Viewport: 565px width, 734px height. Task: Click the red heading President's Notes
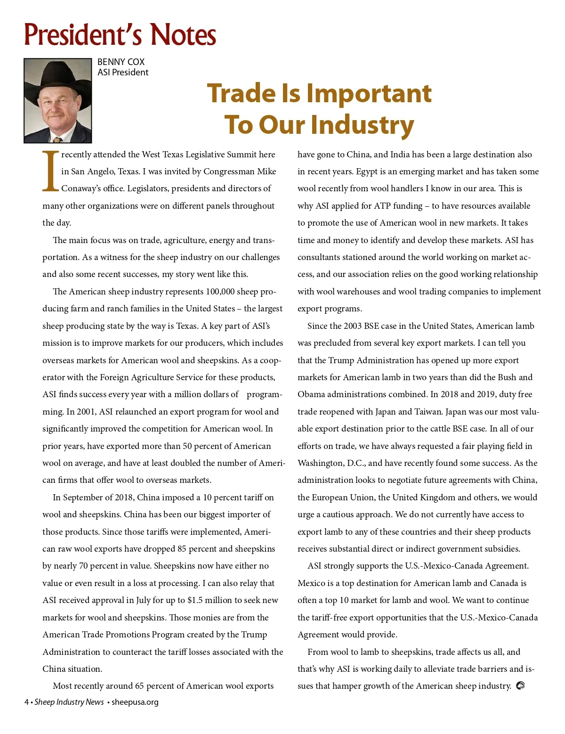tap(120, 35)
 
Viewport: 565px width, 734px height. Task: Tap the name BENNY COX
tap(121, 62)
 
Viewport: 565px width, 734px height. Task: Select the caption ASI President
tap(123, 72)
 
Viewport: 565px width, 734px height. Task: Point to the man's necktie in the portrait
tap(57, 139)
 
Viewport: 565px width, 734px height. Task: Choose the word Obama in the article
tap(311, 394)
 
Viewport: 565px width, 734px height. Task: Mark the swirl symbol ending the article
tap(520, 685)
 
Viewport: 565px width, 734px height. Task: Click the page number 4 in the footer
tap(27, 702)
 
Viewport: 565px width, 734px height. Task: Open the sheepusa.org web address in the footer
tap(135, 702)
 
